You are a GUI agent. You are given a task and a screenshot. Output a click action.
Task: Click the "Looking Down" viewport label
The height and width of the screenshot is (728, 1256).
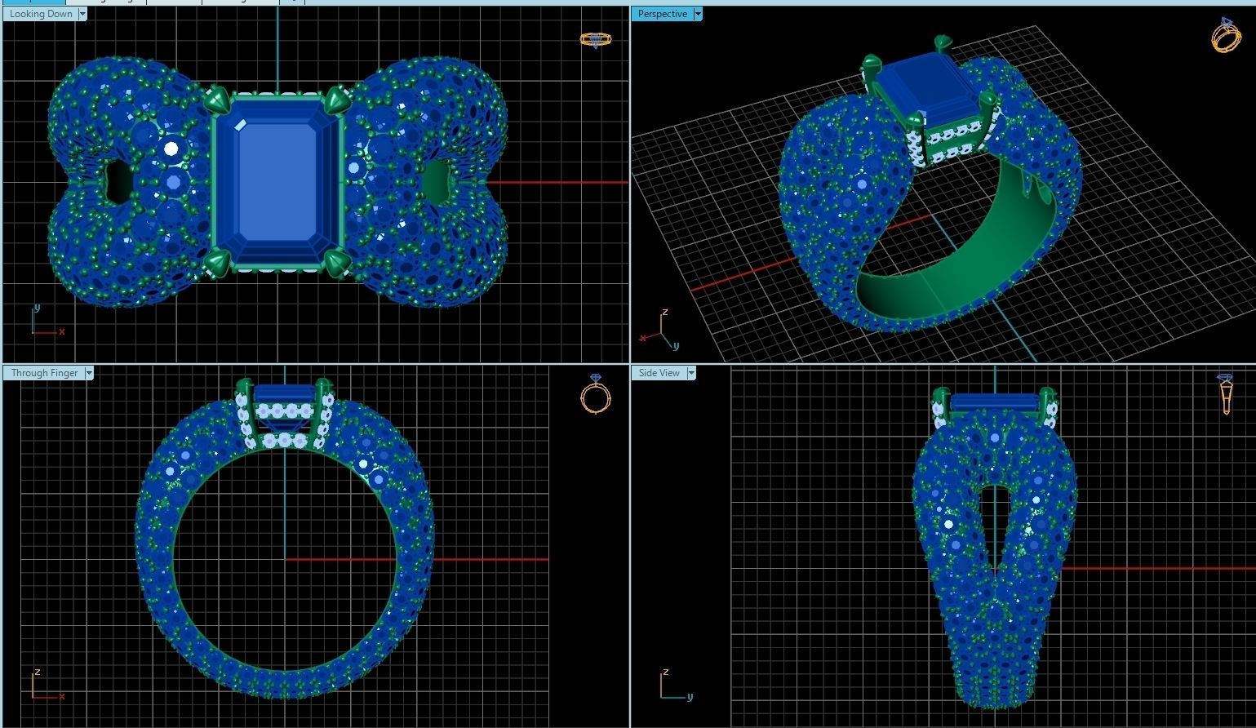point(41,14)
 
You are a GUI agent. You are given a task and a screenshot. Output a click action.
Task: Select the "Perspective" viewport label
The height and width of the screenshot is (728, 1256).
point(662,14)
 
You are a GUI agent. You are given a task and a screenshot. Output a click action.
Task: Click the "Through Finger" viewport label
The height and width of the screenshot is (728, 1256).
point(44,373)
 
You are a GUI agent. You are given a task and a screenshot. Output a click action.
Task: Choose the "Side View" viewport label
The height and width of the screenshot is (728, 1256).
point(659,373)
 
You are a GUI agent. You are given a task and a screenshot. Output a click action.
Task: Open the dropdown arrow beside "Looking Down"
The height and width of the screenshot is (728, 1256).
point(82,14)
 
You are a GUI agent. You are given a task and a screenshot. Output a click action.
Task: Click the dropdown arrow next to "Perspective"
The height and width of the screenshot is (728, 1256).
point(698,14)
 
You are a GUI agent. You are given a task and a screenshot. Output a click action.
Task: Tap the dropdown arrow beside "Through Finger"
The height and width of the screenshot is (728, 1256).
point(89,373)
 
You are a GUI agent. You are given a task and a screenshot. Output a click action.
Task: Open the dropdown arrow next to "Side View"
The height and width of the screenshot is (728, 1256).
point(691,373)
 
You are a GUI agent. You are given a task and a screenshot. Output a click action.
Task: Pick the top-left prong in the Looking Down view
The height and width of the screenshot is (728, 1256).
point(218,100)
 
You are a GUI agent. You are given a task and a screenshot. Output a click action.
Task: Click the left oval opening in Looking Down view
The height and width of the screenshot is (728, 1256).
point(119,182)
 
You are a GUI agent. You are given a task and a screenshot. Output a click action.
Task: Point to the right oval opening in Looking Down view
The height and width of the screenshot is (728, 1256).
point(437,181)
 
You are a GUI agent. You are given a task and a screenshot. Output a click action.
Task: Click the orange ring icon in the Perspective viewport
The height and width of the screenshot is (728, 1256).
point(1226,35)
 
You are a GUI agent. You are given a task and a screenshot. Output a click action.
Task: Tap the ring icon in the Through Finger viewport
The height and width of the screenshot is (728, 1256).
point(595,395)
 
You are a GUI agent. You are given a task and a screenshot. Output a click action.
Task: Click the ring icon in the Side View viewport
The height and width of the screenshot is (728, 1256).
point(1225,393)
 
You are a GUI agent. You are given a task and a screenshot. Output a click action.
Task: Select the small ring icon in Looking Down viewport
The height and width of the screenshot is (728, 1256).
point(595,39)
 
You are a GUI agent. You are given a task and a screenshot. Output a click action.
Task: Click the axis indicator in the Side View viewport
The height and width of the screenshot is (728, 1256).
point(673,687)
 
